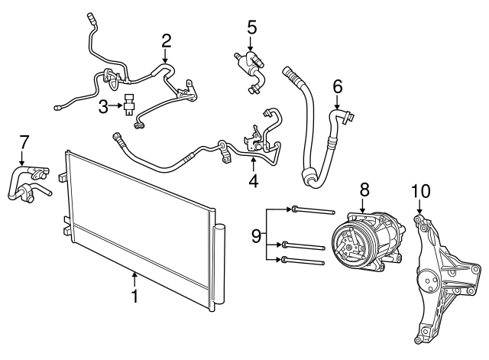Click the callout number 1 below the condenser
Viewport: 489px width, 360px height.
[x=134, y=295]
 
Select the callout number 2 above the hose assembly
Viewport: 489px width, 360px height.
[x=167, y=40]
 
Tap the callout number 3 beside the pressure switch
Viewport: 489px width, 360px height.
[x=103, y=108]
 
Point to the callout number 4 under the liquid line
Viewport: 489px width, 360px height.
[x=253, y=181]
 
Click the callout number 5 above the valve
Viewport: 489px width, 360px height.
[x=251, y=26]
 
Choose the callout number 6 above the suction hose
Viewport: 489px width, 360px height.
[x=338, y=88]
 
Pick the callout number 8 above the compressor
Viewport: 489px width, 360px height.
[x=364, y=187]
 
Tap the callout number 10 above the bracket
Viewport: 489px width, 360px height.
[x=420, y=190]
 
